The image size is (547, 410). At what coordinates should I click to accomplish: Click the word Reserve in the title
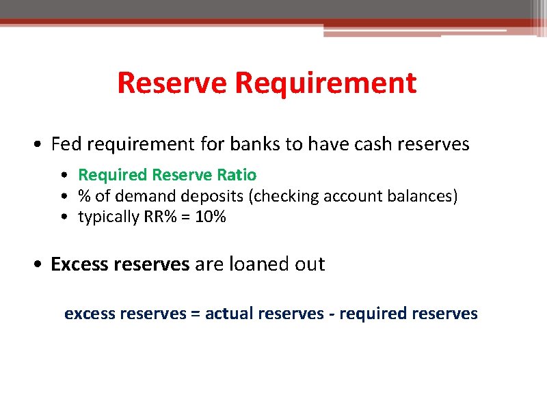173,83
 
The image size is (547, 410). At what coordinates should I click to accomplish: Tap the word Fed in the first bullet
66,144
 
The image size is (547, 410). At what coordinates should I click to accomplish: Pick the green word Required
112,175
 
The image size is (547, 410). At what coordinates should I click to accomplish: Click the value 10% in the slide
209,218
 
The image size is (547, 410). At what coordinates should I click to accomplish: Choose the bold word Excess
80,264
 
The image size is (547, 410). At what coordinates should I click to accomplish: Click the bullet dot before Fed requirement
40,145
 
